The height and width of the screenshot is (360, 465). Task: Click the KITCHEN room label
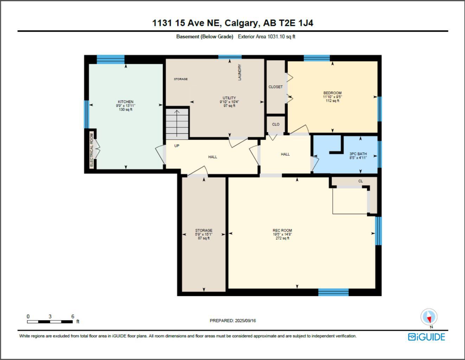pos(126,102)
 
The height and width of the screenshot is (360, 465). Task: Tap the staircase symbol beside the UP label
pos(177,123)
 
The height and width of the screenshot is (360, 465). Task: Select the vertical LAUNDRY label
pos(240,72)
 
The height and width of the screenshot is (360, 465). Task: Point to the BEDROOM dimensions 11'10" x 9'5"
pos(332,97)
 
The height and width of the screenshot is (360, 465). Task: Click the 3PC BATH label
pos(358,154)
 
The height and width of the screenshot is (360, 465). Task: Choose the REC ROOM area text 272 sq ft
pos(282,238)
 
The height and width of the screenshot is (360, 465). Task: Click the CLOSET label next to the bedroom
pos(275,87)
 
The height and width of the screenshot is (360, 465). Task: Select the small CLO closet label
pos(276,124)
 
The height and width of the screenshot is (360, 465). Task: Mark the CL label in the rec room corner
pos(361,181)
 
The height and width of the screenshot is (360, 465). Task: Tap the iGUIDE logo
pos(426,337)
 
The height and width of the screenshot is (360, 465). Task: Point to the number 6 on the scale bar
pos(73,316)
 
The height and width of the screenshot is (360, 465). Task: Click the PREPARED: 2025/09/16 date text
pos(232,321)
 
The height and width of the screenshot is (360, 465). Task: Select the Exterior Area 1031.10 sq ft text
pos(267,37)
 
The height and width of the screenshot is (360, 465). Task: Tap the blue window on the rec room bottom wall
pos(333,292)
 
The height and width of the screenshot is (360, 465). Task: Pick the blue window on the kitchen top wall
pos(110,59)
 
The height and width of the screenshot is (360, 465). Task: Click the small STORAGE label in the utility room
pos(180,79)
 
